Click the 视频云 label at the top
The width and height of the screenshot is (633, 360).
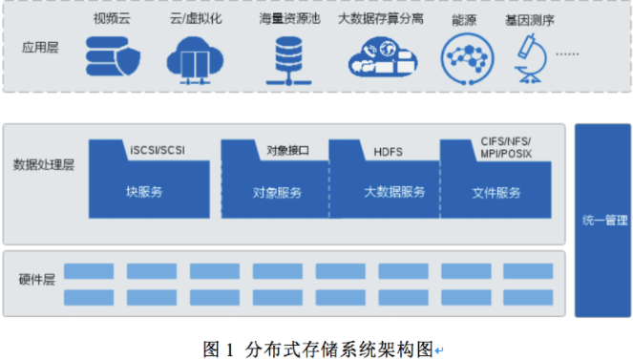(x=112, y=18)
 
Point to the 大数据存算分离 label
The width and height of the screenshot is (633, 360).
(x=381, y=18)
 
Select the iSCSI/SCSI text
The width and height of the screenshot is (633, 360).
(x=158, y=151)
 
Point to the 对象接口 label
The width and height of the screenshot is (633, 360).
(x=285, y=151)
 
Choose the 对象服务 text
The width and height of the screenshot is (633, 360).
(x=277, y=192)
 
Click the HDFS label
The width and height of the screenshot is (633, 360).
(x=390, y=151)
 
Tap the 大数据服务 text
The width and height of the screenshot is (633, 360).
(x=394, y=192)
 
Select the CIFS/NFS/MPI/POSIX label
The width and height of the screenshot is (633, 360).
(x=506, y=147)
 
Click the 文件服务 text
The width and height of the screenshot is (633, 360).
(x=496, y=192)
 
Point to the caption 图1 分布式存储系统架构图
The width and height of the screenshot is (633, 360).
(x=318, y=346)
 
